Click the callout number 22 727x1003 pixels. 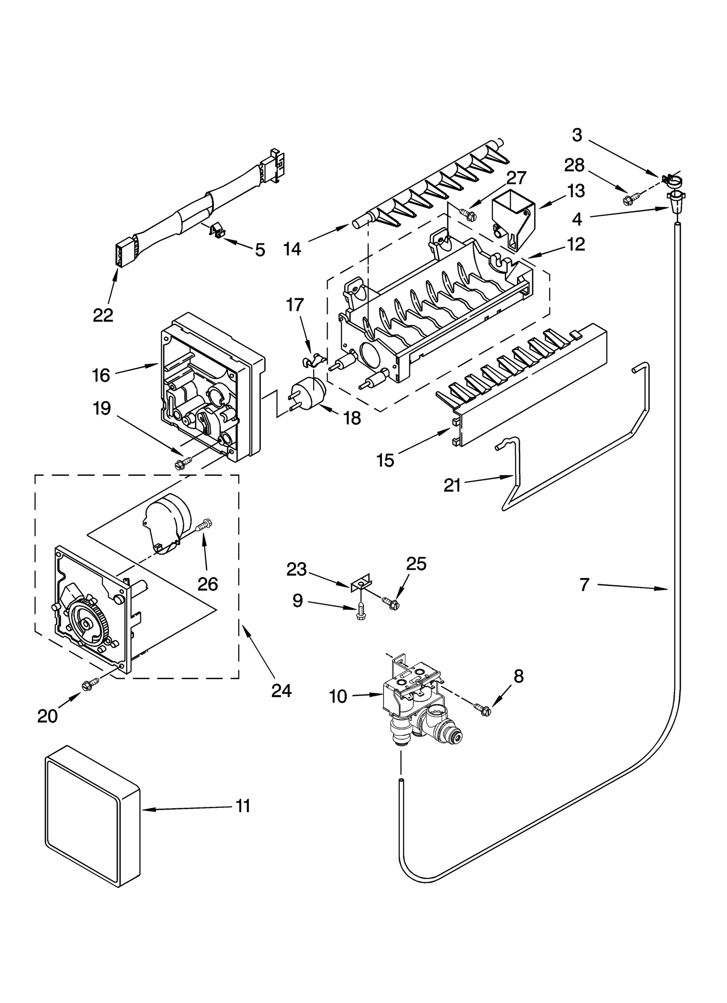click(103, 315)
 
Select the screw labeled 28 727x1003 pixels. click(633, 198)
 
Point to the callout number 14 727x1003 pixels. click(292, 248)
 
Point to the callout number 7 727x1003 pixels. click(584, 584)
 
